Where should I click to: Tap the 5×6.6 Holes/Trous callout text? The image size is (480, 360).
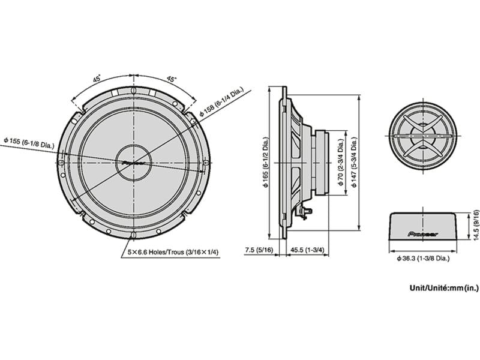[173, 253]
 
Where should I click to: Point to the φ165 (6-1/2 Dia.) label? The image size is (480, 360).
[265, 163]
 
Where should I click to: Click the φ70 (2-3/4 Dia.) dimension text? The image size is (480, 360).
[340, 163]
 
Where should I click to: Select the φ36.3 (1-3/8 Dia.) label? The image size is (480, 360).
[423, 258]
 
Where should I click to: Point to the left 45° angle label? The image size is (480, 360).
[97, 79]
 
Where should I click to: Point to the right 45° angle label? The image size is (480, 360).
[172, 79]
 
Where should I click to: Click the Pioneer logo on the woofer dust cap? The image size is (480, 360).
[135, 162]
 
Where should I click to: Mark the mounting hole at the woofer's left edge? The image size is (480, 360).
[63, 163]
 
